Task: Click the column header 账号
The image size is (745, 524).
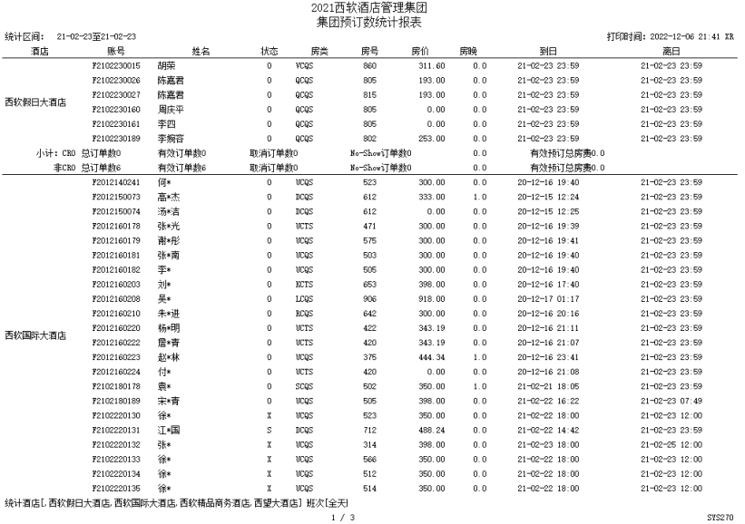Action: point(115,52)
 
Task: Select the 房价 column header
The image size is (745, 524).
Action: point(420,52)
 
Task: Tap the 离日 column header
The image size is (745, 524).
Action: point(671,52)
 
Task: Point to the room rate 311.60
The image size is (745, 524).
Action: point(431,66)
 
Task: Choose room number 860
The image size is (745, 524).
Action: point(369,66)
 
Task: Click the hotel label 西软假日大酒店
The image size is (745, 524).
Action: point(35,102)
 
